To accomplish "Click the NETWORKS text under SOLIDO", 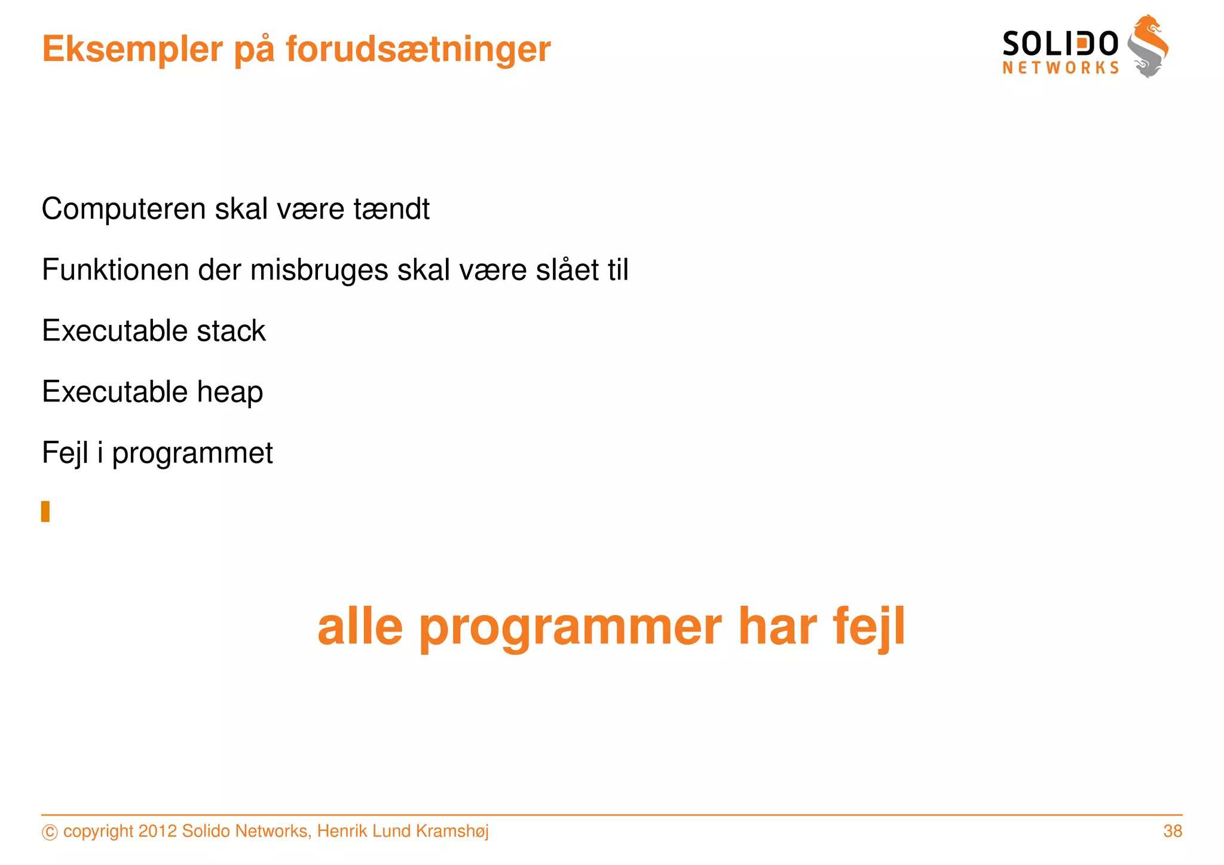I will (1060, 68).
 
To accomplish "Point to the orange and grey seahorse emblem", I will (1147, 47).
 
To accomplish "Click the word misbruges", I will (319, 271).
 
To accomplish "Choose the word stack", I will (231, 332).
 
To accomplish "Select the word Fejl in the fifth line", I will (65, 453).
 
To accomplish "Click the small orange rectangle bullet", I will (45, 511).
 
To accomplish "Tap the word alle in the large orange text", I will (360, 627).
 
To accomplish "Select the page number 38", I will (1172, 831).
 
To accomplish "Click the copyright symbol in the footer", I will (50, 832).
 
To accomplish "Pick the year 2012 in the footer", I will (157, 831).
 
